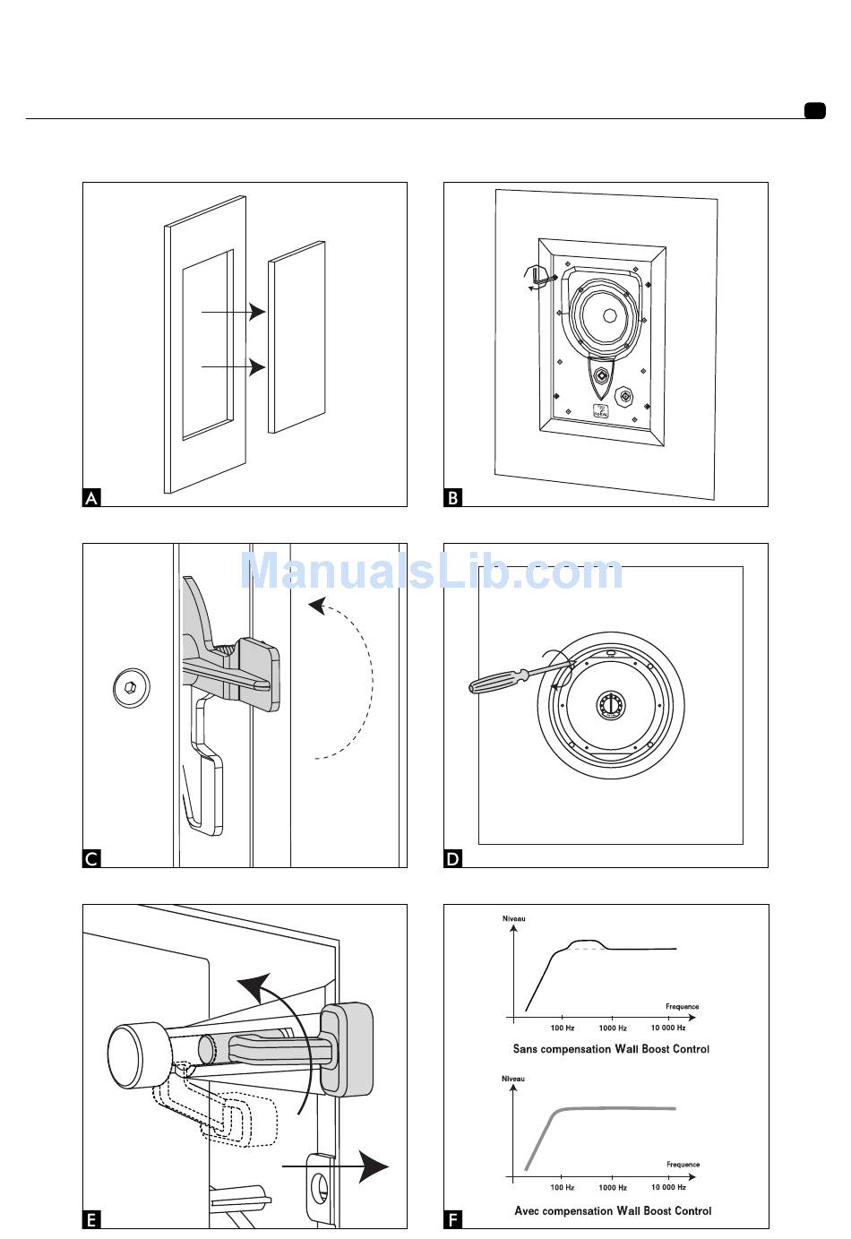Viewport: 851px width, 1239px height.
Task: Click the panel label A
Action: coord(91,497)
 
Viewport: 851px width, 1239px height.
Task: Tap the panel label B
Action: coord(453,497)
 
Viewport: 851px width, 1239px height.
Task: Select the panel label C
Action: coord(91,858)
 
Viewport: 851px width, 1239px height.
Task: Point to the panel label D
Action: coord(453,858)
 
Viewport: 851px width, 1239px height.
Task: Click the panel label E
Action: coord(91,1219)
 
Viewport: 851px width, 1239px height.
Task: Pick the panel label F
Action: coord(453,1219)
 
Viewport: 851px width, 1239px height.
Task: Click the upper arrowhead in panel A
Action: coord(257,312)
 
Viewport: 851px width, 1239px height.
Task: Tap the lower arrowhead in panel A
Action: coord(257,366)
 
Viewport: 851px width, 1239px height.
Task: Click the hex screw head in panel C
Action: coord(131,687)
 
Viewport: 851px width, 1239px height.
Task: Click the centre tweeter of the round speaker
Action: coord(610,705)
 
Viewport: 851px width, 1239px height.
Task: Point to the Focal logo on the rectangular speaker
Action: coord(600,411)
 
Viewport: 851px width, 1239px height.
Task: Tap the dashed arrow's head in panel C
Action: coord(317,606)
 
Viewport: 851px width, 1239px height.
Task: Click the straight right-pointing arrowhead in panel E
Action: coord(374,1166)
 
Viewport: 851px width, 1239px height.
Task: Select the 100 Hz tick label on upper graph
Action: coord(563,1028)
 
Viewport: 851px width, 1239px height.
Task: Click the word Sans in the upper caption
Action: coord(525,1049)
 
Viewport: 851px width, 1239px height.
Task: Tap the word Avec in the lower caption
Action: coord(527,1211)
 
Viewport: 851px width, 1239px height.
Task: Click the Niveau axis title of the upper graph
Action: coord(513,919)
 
